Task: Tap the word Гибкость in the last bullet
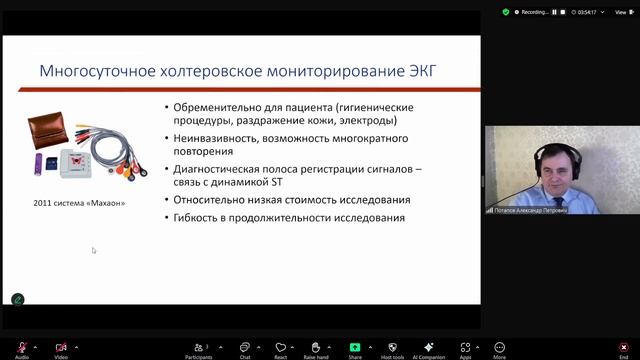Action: [195, 217]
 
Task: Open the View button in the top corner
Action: [620, 12]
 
